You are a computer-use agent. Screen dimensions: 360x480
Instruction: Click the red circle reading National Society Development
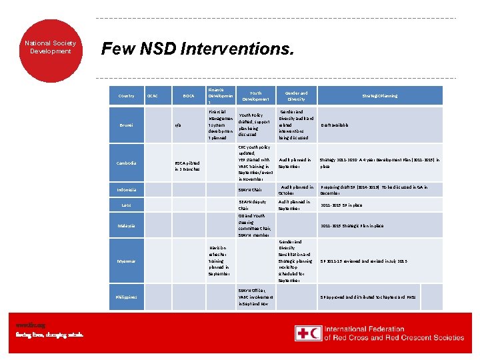tap(51, 47)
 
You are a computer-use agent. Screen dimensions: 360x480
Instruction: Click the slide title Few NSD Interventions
tap(196, 49)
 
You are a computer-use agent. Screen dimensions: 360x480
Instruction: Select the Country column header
tap(126, 96)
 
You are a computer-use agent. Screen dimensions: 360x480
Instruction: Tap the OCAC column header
tap(152, 96)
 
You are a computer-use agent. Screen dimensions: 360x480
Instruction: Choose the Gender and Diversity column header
tap(295, 96)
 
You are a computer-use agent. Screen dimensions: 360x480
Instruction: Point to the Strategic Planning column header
tap(379, 96)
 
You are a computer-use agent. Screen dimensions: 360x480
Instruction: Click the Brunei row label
tap(126, 125)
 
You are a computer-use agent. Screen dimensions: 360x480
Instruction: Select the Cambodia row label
tap(126, 163)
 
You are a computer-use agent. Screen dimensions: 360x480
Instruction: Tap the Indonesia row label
tap(126, 190)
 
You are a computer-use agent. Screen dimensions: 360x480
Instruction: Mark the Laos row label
tap(126, 205)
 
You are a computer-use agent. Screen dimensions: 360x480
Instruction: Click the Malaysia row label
tap(126, 226)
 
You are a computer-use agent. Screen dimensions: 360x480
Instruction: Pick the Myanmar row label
tap(126, 261)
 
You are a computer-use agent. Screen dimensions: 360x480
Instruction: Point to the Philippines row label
tap(126, 297)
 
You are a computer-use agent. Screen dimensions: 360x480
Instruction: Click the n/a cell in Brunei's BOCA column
tap(178, 125)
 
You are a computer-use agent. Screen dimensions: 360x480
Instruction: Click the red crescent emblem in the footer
tap(316, 333)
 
